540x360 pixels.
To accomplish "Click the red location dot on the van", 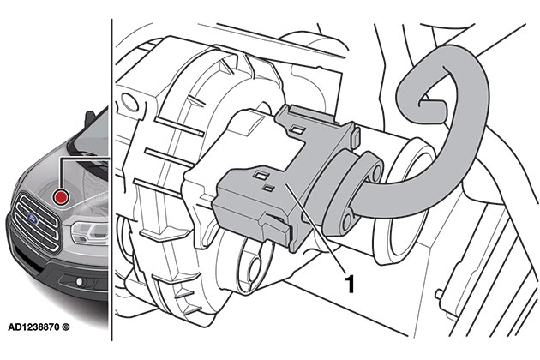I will point(61,197).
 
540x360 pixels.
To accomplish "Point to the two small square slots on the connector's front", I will point(261,181).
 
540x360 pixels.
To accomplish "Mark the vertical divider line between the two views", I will point(111,257).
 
